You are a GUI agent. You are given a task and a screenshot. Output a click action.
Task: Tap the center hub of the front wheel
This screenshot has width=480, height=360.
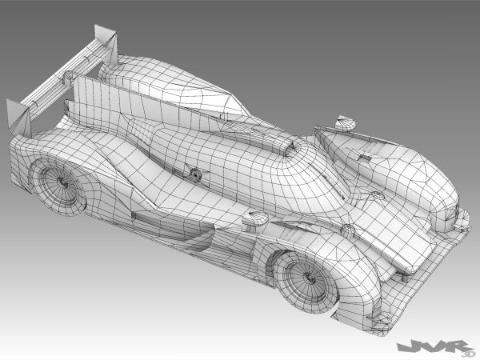pyautogui.click(x=302, y=278)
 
